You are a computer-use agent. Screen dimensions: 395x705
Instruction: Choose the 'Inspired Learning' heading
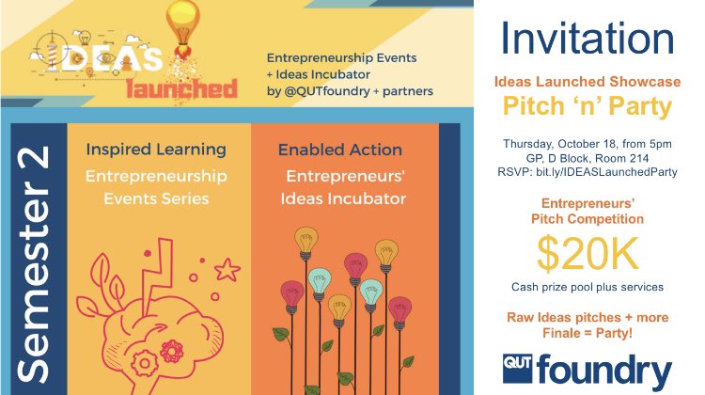coord(156,150)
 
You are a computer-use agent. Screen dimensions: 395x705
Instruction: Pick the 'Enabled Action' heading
coord(340,150)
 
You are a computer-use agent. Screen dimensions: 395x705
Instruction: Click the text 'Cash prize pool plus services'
coord(587,287)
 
